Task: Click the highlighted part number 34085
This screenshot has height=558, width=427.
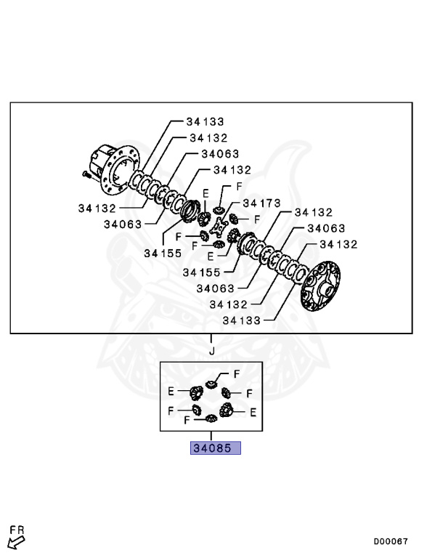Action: point(215,448)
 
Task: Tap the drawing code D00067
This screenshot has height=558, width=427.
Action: point(391,541)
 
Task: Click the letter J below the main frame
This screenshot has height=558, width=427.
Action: point(212,352)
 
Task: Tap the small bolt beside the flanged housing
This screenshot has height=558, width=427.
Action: point(87,174)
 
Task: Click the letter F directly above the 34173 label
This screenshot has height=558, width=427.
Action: point(239,187)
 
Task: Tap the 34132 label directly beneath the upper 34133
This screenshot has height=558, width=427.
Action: point(208,137)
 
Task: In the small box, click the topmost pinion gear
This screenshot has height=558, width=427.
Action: point(211,383)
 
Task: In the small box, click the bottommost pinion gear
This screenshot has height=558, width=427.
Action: point(212,418)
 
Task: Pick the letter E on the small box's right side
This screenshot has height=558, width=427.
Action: point(253,411)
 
